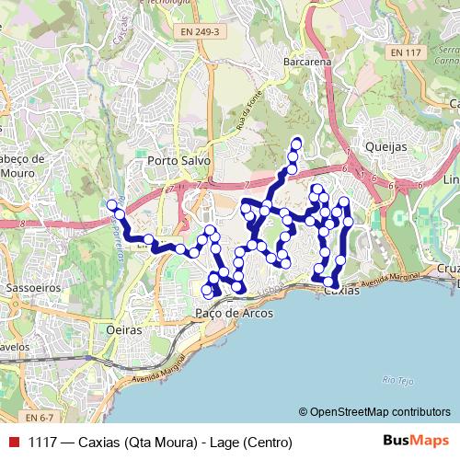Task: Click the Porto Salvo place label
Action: tap(178, 160)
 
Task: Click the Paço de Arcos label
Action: tap(233, 313)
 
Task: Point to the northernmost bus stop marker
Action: tap(296, 143)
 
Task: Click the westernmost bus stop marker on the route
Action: tap(112, 204)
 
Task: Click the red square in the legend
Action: tap(12, 443)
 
